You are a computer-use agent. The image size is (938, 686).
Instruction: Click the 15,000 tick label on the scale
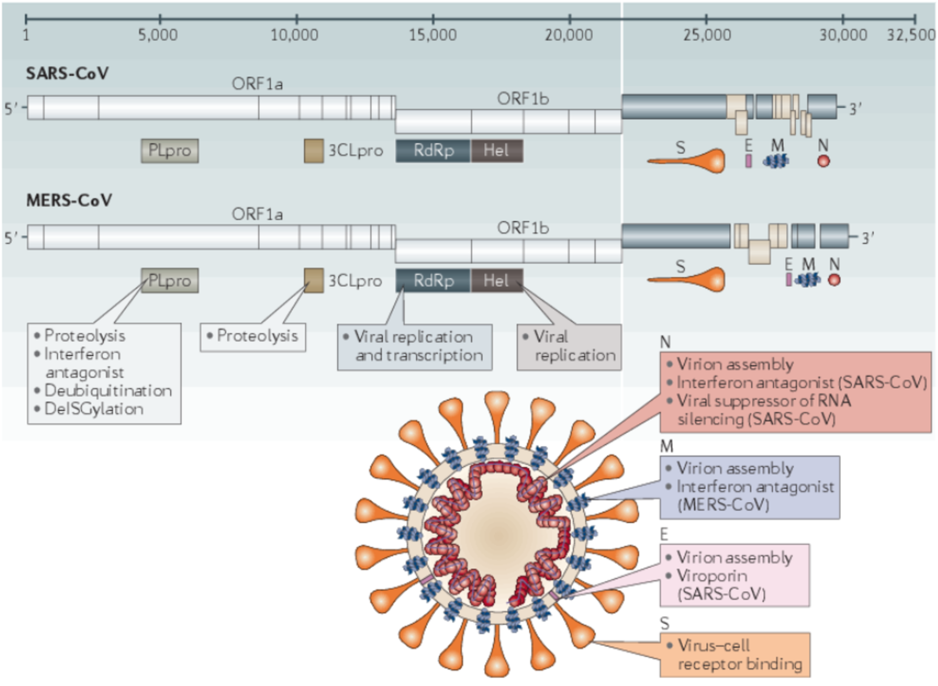(432, 35)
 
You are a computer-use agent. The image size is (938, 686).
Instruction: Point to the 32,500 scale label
(911, 35)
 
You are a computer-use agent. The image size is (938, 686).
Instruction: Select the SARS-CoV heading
(68, 74)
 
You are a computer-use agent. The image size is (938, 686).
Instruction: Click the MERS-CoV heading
(69, 201)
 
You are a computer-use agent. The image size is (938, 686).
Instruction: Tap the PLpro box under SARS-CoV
(170, 151)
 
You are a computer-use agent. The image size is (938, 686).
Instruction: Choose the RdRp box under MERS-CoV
(433, 281)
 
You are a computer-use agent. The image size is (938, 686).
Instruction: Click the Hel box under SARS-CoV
(497, 151)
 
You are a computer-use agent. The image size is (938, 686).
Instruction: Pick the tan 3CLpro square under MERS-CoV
(314, 280)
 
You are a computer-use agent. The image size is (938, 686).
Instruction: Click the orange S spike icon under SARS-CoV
(687, 161)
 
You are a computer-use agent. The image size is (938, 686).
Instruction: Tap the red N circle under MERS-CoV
(834, 280)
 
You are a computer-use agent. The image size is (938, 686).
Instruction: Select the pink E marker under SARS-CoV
(749, 161)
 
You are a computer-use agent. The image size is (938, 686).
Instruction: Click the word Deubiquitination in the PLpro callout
(108, 391)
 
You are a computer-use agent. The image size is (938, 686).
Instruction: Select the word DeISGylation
(94, 409)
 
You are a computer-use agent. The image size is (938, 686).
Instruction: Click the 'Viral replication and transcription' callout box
(415, 347)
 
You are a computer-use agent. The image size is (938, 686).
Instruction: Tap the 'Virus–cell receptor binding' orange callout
(734, 655)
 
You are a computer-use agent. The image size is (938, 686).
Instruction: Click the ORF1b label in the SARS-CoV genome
(522, 99)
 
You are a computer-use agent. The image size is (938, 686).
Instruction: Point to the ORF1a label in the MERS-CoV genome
(257, 214)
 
